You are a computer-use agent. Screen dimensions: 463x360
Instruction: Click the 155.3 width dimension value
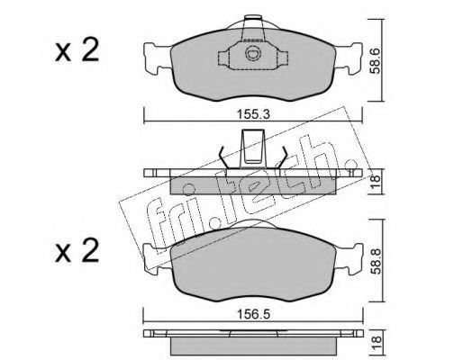pyautogui.click(x=253, y=114)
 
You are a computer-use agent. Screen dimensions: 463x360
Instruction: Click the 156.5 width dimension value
pyautogui.click(x=254, y=314)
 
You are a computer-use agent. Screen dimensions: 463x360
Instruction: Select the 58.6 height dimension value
pyautogui.click(x=376, y=61)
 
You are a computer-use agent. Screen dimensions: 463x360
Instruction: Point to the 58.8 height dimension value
pyautogui.click(x=376, y=261)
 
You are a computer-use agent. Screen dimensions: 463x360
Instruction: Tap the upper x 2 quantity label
pyautogui.click(x=77, y=49)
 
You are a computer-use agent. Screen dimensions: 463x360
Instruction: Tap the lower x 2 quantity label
pyautogui.click(x=77, y=250)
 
